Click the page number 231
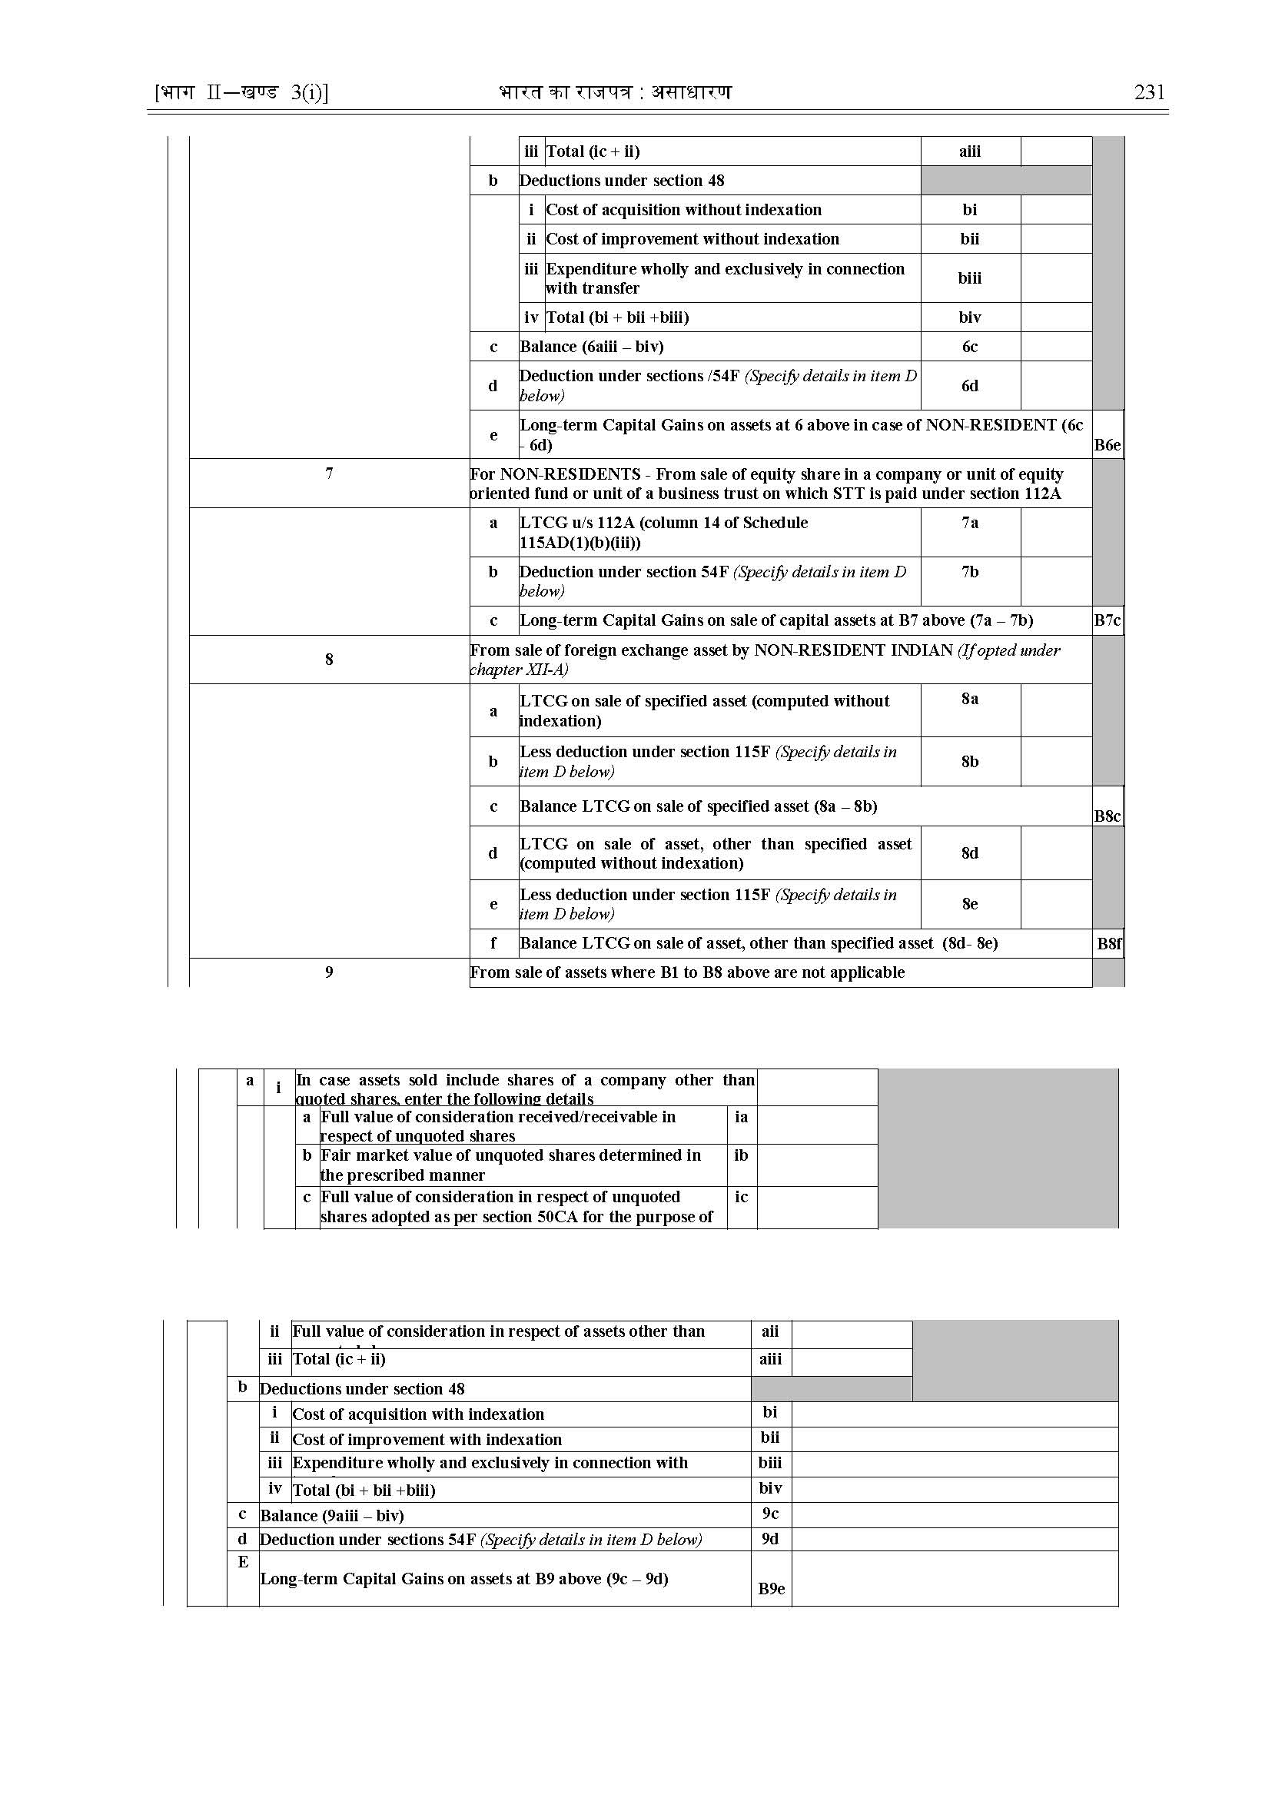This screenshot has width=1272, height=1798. [1149, 92]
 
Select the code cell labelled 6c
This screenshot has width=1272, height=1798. [970, 346]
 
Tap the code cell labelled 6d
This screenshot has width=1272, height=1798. [970, 385]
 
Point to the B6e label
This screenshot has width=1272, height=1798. [1107, 445]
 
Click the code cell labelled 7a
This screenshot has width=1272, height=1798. [970, 523]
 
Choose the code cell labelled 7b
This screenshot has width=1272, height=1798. [970, 572]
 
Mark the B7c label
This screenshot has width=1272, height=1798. [1107, 620]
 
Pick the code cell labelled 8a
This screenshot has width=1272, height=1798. [970, 699]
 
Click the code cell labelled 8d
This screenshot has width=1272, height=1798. [970, 853]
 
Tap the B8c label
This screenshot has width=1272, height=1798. [1107, 816]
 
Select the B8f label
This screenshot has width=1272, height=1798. [1108, 943]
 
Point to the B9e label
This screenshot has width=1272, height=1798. [772, 1589]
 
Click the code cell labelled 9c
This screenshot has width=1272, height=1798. [771, 1514]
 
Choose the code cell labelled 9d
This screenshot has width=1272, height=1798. [771, 1539]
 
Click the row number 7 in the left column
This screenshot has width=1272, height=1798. [329, 474]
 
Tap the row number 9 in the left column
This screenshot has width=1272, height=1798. [329, 972]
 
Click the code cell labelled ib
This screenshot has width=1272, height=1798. [741, 1155]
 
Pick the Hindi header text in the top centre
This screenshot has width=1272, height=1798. [615, 92]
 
